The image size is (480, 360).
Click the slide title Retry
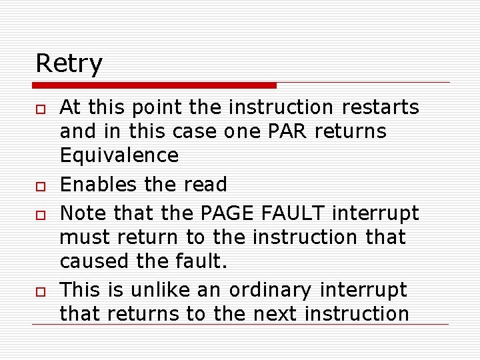point(69,64)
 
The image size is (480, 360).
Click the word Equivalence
point(119,155)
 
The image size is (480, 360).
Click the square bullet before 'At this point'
point(41,107)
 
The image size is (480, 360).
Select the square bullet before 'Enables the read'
point(41,185)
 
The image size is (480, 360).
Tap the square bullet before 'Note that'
point(41,213)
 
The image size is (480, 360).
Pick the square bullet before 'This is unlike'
point(41,291)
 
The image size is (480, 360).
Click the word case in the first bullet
point(193,131)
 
